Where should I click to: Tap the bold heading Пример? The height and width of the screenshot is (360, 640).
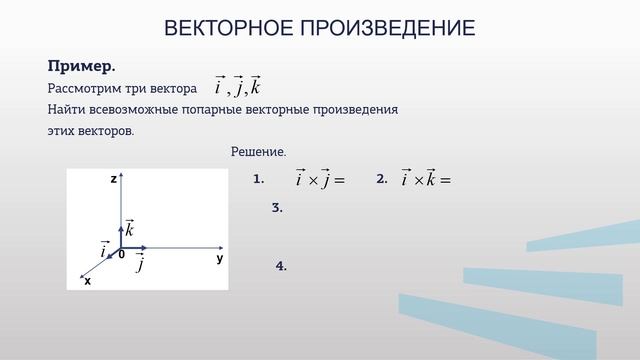pyautogui.click(x=82, y=66)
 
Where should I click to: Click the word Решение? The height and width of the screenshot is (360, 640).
pyautogui.click(x=258, y=151)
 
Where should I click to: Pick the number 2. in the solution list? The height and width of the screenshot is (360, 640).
pyautogui.click(x=381, y=178)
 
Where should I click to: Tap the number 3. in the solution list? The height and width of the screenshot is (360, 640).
pyautogui.click(x=278, y=208)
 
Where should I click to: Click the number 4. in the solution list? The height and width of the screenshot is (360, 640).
pyautogui.click(x=281, y=266)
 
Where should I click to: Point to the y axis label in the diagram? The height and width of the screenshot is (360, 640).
pyautogui.click(x=219, y=258)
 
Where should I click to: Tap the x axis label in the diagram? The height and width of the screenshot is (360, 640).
pyautogui.click(x=87, y=281)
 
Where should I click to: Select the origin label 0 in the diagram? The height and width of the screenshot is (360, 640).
pyautogui.click(x=121, y=256)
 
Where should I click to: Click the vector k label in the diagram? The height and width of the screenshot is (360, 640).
pyautogui.click(x=130, y=229)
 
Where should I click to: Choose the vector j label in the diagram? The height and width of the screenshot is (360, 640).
pyautogui.click(x=139, y=264)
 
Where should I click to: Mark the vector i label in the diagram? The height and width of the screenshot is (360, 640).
pyautogui.click(x=103, y=248)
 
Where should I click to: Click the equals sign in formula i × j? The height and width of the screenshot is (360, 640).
pyautogui.click(x=338, y=181)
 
